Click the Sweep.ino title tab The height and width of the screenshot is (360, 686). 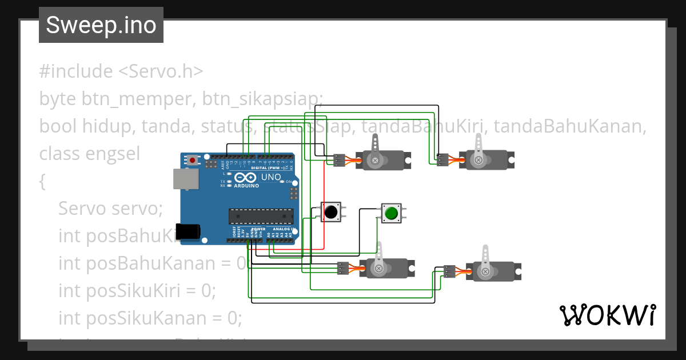101,25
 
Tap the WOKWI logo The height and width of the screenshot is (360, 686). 607,315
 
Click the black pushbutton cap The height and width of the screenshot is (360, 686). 330,212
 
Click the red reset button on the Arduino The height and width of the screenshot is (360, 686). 193,161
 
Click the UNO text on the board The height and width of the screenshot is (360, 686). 271,177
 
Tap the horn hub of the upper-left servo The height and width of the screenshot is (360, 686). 375,161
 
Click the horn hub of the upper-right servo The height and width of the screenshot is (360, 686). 478,161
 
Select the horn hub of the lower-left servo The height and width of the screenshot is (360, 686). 378,267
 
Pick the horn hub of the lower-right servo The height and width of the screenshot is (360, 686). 485,272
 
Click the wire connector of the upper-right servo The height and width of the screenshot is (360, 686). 442,161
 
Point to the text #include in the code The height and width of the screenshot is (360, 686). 76,71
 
